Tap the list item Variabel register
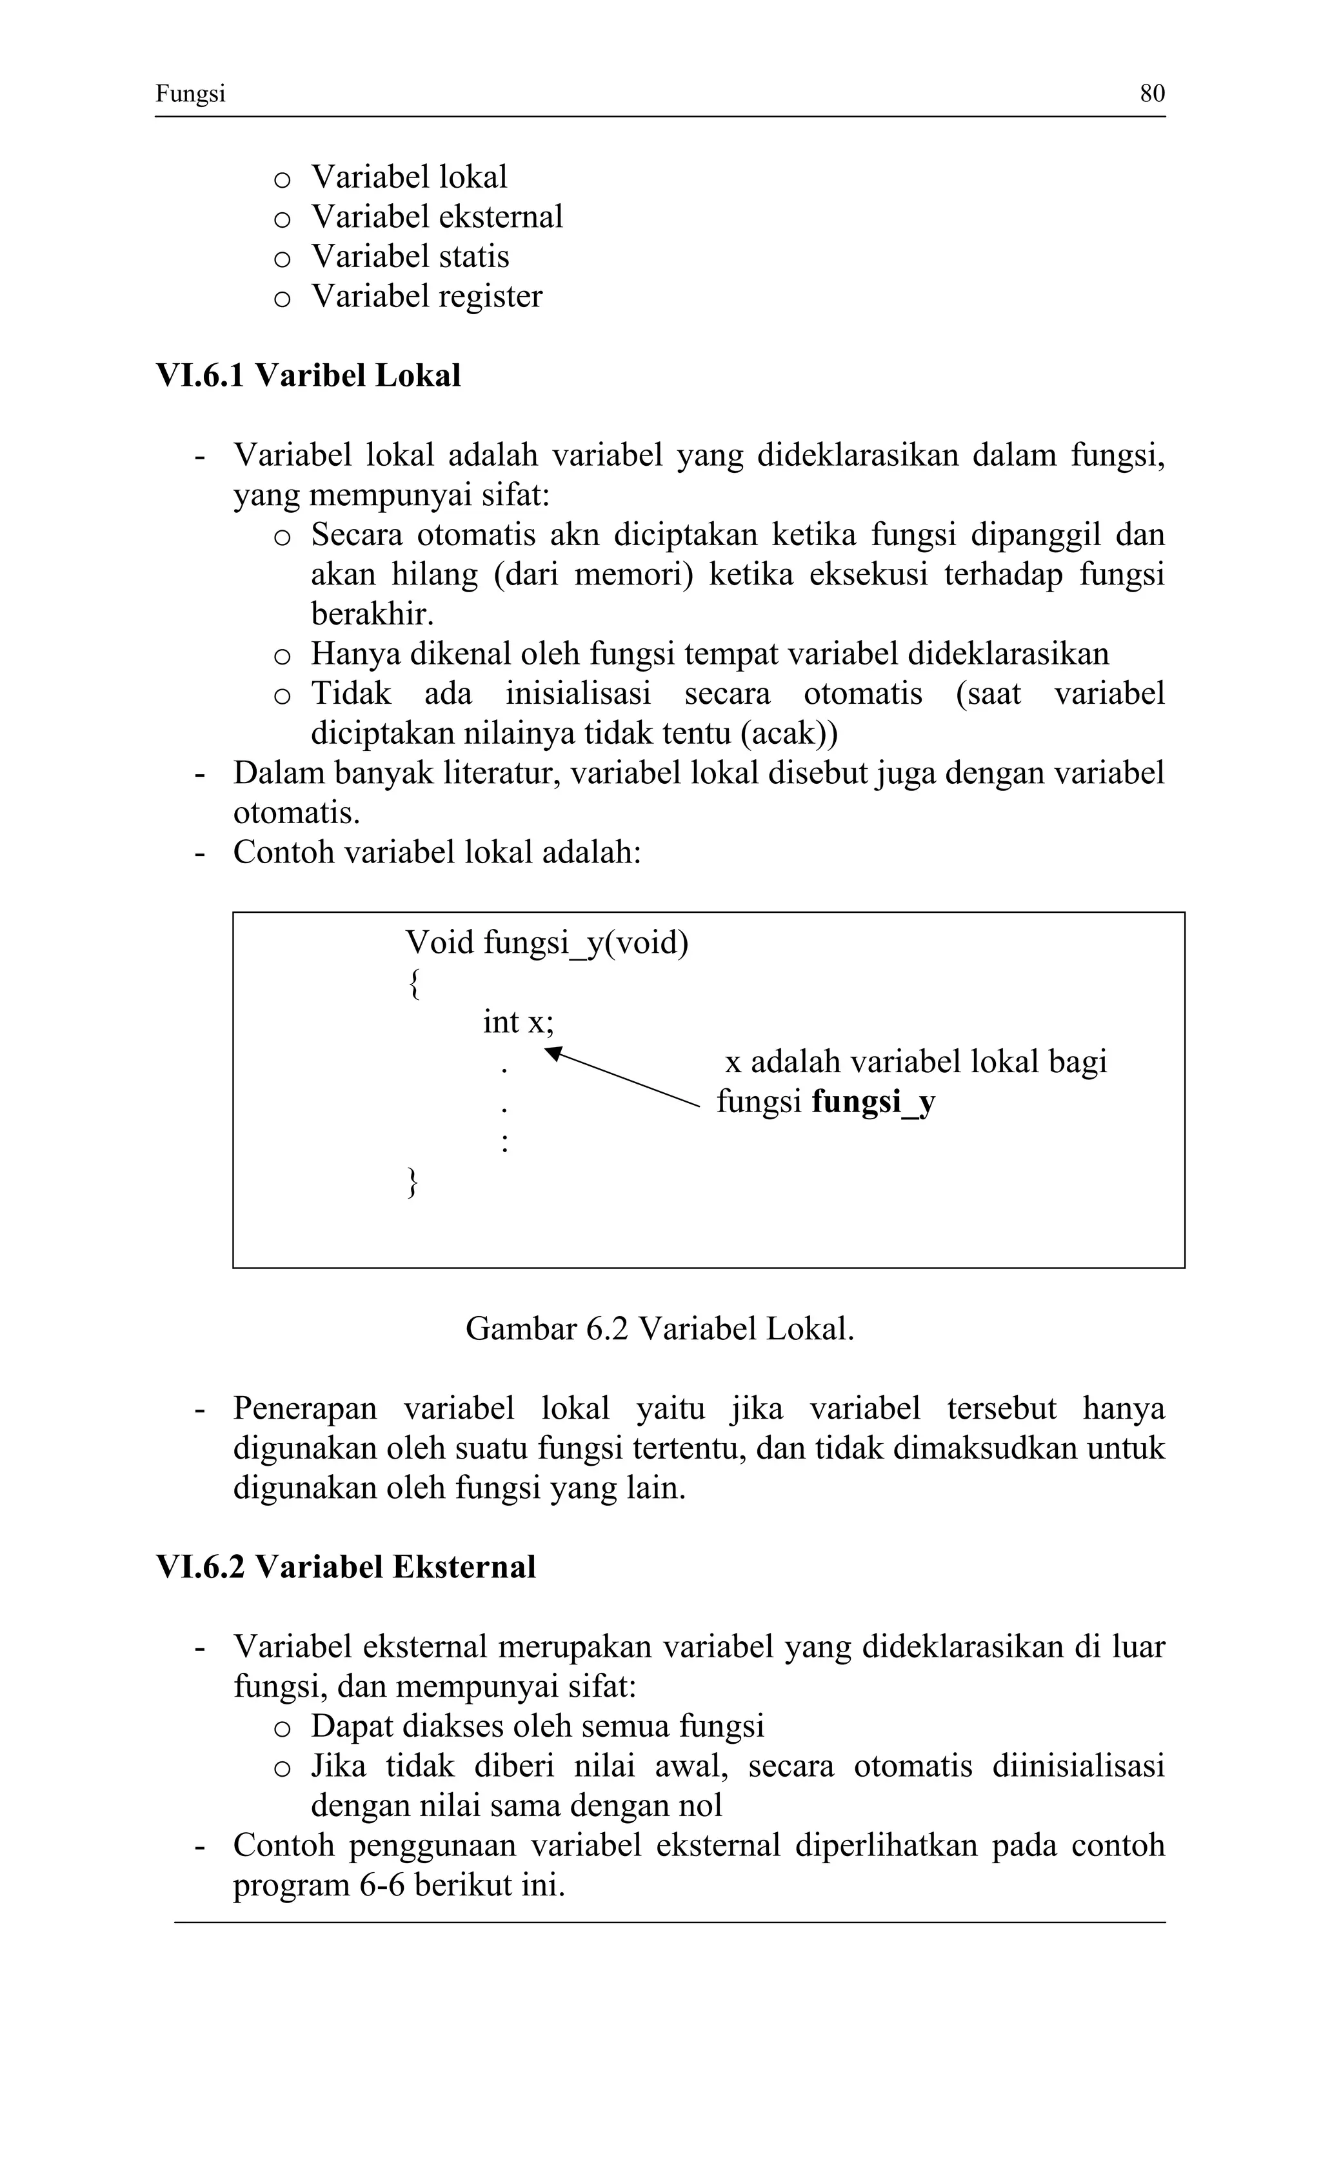pyautogui.click(x=426, y=296)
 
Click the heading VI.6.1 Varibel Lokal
pyautogui.click(x=308, y=375)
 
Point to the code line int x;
pyautogui.click(x=517, y=1022)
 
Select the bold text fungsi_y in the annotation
pyautogui.click(x=873, y=1101)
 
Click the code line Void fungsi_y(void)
pyautogui.click(x=546, y=943)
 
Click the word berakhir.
pyautogui.click(x=372, y=614)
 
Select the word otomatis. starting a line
pyautogui.click(x=296, y=812)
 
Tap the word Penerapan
pyautogui.click(x=304, y=1408)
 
